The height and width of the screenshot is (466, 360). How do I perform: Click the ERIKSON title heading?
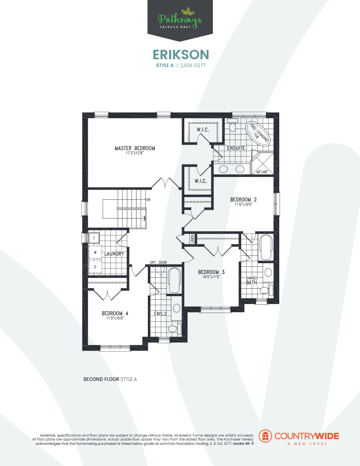[180, 54]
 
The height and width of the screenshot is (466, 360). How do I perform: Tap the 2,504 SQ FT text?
[193, 66]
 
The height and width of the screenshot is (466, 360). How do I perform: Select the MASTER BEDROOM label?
[135, 148]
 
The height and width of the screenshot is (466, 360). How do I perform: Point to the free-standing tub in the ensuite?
[258, 134]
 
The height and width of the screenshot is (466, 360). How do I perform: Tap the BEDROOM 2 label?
[243, 200]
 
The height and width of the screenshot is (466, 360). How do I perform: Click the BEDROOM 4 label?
[115, 313]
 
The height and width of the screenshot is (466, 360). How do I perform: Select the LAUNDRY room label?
[114, 254]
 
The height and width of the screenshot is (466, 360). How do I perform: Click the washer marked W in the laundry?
[95, 253]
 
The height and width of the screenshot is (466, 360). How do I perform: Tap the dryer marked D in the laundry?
[95, 267]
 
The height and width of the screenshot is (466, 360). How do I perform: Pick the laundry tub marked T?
[94, 238]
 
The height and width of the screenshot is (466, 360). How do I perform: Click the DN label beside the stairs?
[148, 199]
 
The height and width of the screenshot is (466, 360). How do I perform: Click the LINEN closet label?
[193, 239]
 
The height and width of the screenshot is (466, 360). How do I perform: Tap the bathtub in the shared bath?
[266, 247]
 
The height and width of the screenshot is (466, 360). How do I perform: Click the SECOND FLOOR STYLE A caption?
[110, 379]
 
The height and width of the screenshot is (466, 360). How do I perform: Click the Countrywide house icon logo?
[266, 436]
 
